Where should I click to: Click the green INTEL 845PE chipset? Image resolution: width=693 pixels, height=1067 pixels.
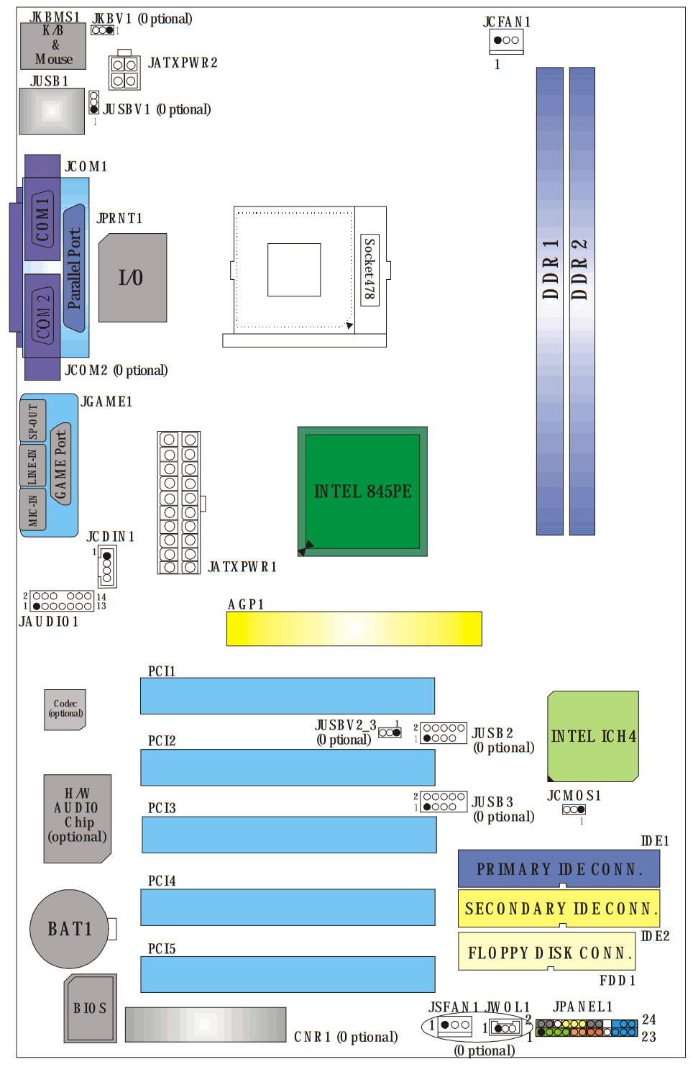(x=362, y=491)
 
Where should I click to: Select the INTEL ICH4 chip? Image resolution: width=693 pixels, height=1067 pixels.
(x=592, y=736)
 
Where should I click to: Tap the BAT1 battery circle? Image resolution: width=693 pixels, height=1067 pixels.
(x=69, y=928)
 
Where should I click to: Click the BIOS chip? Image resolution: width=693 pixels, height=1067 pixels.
(x=90, y=1008)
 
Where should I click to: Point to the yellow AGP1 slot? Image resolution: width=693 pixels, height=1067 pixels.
(x=354, y=629)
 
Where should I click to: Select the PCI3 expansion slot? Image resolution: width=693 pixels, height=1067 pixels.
(x=289, y=835)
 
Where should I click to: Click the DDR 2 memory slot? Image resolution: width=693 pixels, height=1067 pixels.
(x=582, y=301)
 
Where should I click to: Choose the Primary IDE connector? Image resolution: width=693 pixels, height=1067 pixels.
(x=559, y=868)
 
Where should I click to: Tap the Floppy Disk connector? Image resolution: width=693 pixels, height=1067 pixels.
(x=547, y=951)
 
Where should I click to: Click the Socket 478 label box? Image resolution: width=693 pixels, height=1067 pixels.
(x=370, y=270)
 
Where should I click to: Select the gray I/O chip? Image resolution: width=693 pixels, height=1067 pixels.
(x=133, y=278)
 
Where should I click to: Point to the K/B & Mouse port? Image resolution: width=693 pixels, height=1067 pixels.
(x=53, y=46)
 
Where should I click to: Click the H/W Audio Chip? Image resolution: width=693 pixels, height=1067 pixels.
(x=78, y=818)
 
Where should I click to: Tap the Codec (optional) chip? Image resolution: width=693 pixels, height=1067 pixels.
(x=65, y=709)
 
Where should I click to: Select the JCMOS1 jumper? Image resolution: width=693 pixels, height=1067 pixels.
(x=574, y=809)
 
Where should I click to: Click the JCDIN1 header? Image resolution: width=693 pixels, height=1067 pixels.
(x=107, y=566)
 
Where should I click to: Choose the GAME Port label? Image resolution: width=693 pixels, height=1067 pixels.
(x=60, y=464)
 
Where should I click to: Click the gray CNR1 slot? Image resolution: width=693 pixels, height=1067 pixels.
(x=206, y=1024)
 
